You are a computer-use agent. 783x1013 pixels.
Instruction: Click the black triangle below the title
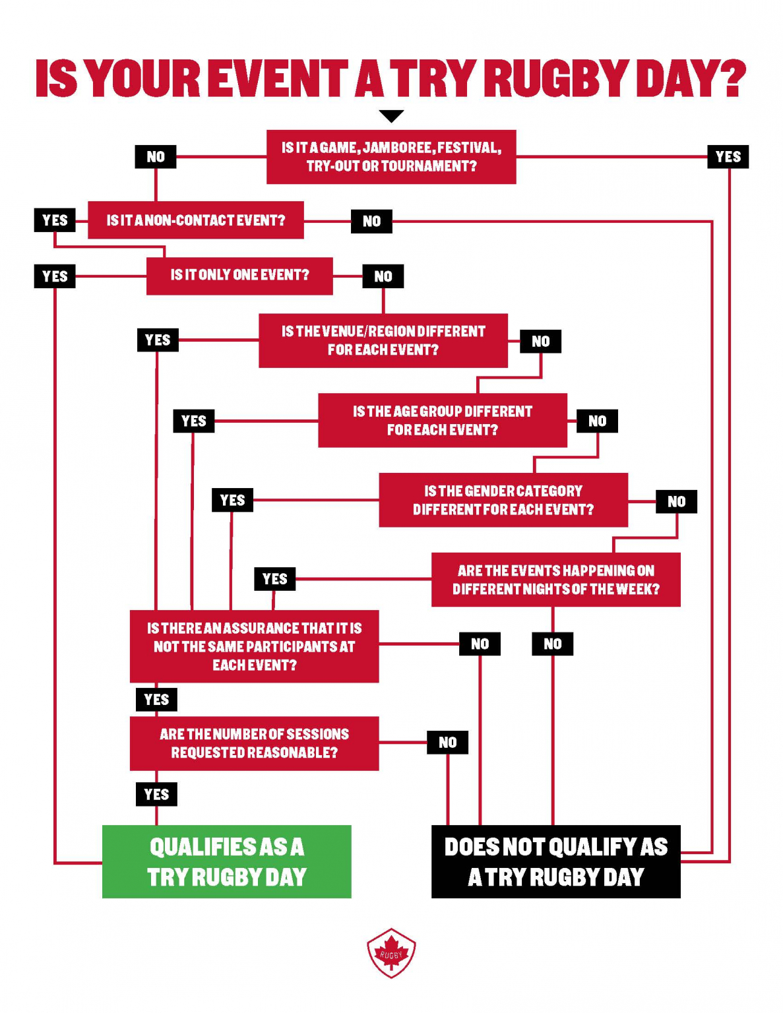click(x=391, y=116)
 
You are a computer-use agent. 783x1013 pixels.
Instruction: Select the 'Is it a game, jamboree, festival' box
click(x=391, y=157)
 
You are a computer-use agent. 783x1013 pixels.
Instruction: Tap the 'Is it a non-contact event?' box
click(x=196, y=220)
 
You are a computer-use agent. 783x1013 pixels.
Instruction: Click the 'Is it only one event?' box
click(x=239, y=276)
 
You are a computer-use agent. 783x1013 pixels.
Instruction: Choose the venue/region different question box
click(x=383, y=340)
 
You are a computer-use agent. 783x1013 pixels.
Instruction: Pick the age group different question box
click(x=443, y=421)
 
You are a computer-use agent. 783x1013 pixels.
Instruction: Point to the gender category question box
click(x=503, y=500)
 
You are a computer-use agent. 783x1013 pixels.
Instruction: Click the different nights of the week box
click(x=556, y=580)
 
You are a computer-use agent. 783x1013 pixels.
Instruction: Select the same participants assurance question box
click(x=255, y=646)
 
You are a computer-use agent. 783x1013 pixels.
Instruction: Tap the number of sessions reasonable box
click(x=255, y=743)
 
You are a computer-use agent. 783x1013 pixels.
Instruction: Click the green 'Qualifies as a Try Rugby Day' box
click(x=227, y=861)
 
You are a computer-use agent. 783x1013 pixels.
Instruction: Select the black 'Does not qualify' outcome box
click(x=556, y=861)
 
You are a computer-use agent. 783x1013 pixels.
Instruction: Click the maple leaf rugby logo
click(x=391, y=953)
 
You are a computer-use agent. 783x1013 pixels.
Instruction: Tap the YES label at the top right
click(x=728, y=157)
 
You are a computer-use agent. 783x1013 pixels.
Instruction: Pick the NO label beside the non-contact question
click(x=372, y=222)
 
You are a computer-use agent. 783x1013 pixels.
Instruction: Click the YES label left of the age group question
click(x=194, y=421)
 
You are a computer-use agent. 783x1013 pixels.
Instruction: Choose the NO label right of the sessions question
click(x=448, y=743)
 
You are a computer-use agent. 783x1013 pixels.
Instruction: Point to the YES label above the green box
click(x=156, y=794)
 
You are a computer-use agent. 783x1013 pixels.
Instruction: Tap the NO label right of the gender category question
click(x=677, y=501)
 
